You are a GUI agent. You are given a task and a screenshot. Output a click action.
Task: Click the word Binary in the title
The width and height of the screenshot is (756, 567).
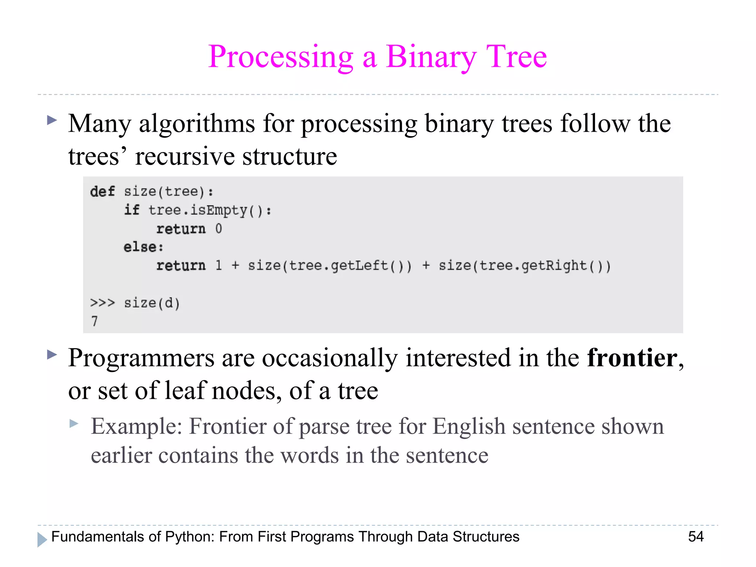click(x=431, y=57)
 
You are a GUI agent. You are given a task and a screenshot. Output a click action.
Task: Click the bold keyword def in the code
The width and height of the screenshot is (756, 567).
click(x=102, y=192)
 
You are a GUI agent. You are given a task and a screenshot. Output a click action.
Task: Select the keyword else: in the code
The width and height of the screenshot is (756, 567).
click(x=143, y=247)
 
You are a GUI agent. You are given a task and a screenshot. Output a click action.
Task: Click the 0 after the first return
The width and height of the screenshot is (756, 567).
click(x=219, y=229)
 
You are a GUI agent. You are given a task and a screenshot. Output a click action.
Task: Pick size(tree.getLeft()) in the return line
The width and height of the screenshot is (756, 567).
click(x=329, y=266)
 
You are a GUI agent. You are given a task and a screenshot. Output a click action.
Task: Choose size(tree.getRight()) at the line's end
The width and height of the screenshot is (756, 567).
click(x=524, y=266)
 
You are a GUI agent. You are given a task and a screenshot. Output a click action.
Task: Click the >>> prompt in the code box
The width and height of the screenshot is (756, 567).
click(x=102, y=303)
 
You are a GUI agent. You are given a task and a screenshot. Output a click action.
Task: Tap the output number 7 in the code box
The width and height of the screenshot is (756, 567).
click(x=94, y=321)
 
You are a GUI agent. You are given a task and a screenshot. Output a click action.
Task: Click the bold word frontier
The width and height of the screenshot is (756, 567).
click(x=632, y=358)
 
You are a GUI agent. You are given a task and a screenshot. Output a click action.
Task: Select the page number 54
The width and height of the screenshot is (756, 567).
click(x=696, y=536)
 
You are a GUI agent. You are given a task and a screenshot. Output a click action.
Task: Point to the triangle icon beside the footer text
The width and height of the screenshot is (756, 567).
click(x=42, y=539)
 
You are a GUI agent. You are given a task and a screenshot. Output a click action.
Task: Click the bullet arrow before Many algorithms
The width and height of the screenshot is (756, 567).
click(x=52, y=120)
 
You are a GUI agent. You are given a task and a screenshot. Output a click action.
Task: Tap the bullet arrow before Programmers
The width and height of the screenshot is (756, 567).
click(x=52, y=355)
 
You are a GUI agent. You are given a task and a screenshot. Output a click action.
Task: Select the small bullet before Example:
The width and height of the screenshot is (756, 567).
click(x=74, y=423)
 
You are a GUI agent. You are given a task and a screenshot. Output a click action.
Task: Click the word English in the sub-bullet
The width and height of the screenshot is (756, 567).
click(x=468, y=426)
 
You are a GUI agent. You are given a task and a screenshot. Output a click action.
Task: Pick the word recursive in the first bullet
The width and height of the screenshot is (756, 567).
click(x=185, y=156)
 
